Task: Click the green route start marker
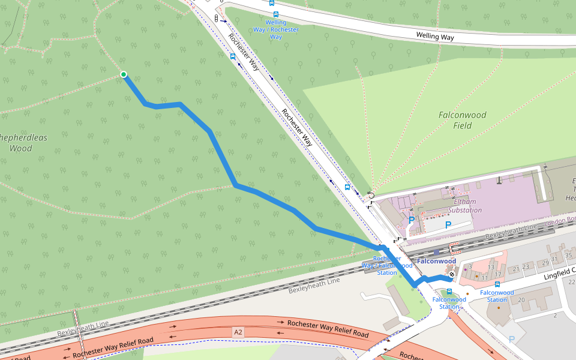coord(124,74)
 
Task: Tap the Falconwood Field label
coord(462,120)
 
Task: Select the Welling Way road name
coord(435,37)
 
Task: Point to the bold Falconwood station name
coord(436,261)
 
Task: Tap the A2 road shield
coord(239,331)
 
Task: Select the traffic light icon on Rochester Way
coord(216,19)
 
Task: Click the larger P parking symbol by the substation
coord(448,225)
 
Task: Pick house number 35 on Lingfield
coord(569,256)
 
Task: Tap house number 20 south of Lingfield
coord(521,299)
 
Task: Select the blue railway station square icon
coord(437,252)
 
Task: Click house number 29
coord(545,263)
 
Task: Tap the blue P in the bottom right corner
coord(511,339)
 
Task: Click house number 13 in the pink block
coord(491,267)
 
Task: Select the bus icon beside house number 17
coord(497,284)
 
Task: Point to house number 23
coord(526,266)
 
